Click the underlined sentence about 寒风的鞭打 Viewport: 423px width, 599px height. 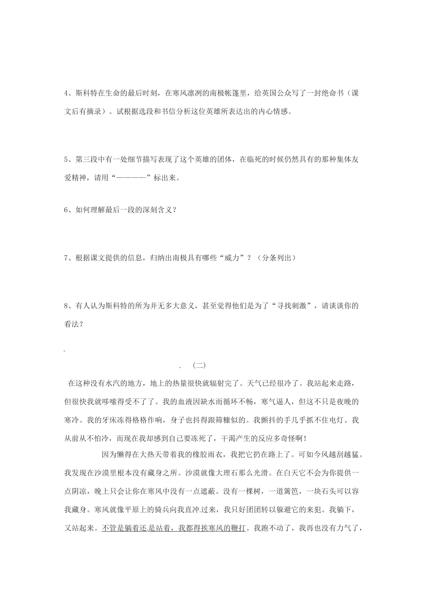174,529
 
